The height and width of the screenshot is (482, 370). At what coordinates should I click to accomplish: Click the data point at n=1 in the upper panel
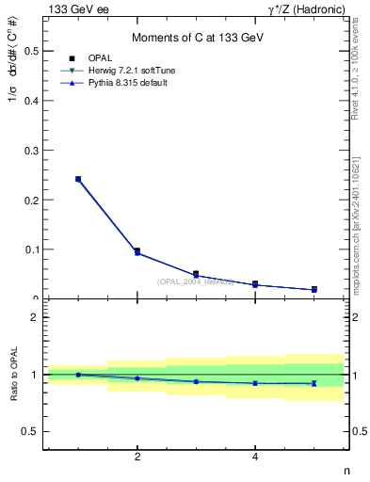78,179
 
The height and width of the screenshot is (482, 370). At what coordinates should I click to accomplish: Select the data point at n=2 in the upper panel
137,251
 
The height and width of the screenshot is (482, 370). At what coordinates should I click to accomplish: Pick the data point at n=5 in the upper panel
314,289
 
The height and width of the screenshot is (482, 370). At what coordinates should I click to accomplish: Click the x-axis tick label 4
255,458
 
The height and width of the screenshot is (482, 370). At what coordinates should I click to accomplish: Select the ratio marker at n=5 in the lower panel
314,383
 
